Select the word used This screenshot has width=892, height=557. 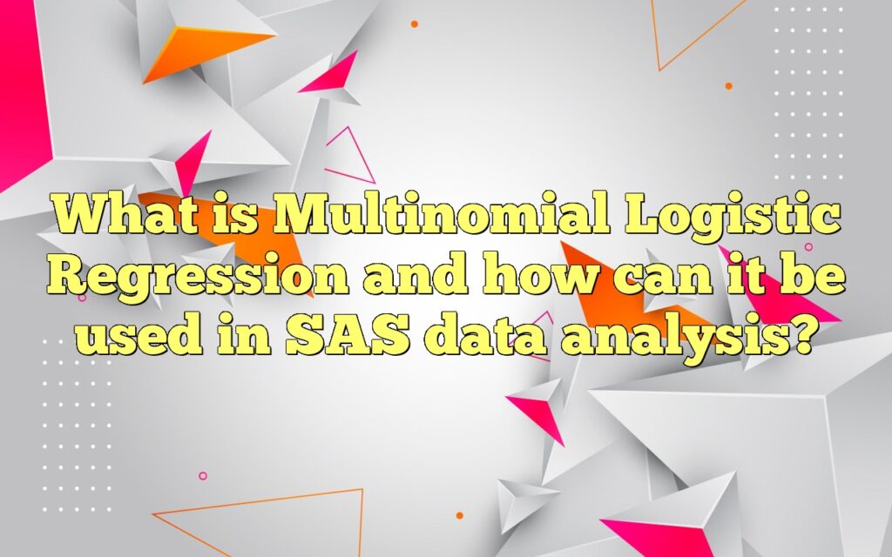[132, 335]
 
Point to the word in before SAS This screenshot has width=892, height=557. [239, 335]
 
